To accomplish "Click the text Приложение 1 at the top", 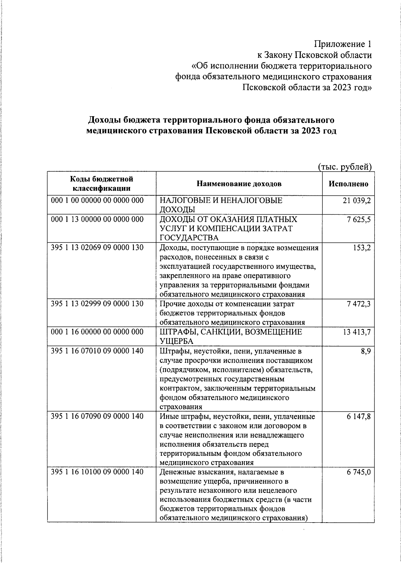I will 343,44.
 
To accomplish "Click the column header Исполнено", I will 348,184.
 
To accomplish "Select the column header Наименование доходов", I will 239,184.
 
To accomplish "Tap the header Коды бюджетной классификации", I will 102,184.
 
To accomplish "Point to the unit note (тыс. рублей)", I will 345,167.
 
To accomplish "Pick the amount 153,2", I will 362,248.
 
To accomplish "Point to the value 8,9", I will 366,351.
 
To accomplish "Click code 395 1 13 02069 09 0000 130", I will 97,248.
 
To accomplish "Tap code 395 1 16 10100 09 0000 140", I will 97,472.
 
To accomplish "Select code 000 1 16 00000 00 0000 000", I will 97,332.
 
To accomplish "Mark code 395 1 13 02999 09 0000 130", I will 97,304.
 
